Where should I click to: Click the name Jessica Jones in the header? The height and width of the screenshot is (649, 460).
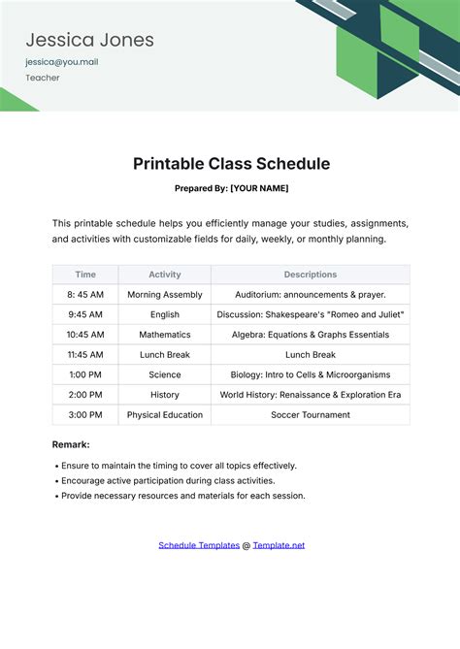[89, 40]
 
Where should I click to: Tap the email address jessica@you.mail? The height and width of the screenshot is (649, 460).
[61, 62]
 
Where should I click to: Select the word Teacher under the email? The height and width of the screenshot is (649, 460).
[43, 78]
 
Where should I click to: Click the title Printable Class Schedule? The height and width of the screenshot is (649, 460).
[231, 164]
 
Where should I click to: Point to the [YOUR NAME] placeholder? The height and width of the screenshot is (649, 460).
[259, 188]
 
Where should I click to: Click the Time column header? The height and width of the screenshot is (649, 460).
[85, 275]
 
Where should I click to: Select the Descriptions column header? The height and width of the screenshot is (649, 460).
[311, 275]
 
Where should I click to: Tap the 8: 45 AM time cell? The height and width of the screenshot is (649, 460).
[85, 294]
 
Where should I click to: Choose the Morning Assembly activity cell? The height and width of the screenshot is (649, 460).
[165, 294]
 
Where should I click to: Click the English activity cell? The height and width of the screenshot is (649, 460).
[165, 314]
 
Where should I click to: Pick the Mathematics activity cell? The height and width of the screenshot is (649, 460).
[165, 335]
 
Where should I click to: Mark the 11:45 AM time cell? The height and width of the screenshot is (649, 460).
[85, 355]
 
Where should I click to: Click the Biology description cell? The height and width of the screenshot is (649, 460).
[311, 374]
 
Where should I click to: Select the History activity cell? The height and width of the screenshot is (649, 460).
[165, 395]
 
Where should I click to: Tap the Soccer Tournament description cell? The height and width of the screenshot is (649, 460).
[311, 415]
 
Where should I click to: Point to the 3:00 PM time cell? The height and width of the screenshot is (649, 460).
[85, 415]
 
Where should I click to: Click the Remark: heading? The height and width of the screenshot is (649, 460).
[71, 444]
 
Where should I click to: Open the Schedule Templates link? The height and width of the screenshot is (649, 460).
[199, 545]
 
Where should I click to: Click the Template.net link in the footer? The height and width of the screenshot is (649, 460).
[279, 545]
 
